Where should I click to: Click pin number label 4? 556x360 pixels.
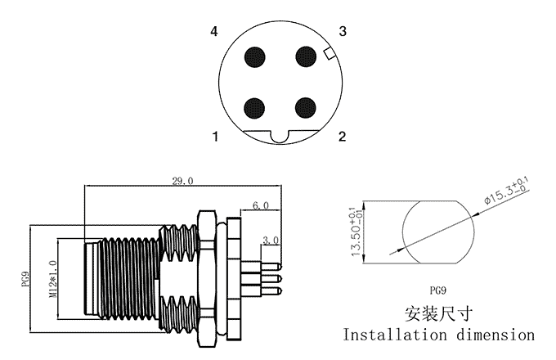click(x=214, y=32)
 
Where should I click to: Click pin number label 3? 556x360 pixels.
click(x=343, y=32)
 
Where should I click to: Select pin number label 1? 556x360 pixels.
click(x=215, y=136)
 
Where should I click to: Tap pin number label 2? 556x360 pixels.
click(x=343, y=136)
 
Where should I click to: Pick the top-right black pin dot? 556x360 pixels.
click(x=306, y=56)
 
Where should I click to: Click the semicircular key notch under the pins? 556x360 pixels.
click(x=280, y=137)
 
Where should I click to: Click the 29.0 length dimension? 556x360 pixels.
click(x=182, y=180)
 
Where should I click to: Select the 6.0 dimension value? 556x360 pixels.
click(x=261, y=205)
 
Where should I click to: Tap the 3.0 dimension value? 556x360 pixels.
click(x=271, y=240)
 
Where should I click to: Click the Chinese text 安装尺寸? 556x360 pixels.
click(x=439, y=313)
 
